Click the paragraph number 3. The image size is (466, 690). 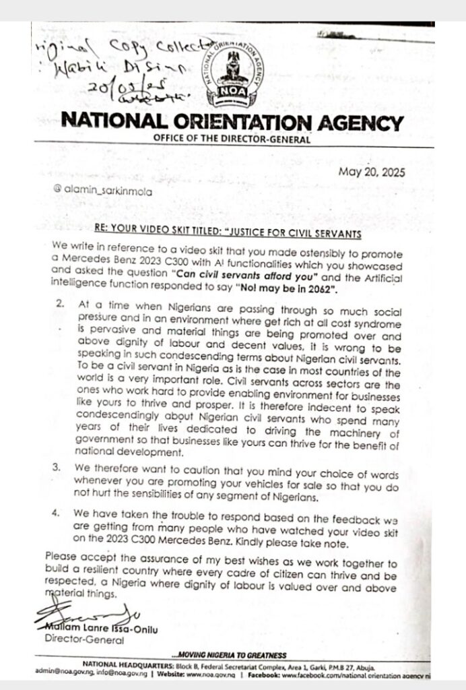(x=61, y=474)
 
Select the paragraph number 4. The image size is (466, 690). (x=61, y=513)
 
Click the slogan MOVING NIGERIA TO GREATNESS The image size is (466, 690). (x=229, y=656)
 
